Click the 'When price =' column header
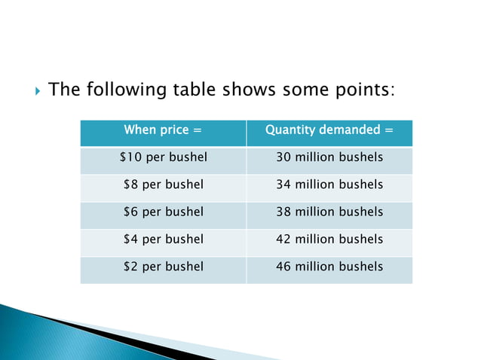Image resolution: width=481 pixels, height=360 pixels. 163,130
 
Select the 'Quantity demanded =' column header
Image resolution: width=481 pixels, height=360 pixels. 329,130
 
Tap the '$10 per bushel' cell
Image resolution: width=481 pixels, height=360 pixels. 163,157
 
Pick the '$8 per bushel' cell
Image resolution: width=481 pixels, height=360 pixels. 163,185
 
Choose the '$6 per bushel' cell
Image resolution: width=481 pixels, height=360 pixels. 163,212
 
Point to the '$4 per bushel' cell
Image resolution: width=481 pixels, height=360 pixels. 163,239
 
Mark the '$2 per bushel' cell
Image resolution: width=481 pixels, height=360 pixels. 163,266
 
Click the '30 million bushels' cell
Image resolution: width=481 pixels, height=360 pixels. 329,157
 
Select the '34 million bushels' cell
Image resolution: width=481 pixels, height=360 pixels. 329,185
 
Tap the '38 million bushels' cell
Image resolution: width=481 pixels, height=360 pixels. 329,212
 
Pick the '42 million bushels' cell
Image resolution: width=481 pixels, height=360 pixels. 329,239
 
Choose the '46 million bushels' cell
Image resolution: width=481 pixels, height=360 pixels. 329,266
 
